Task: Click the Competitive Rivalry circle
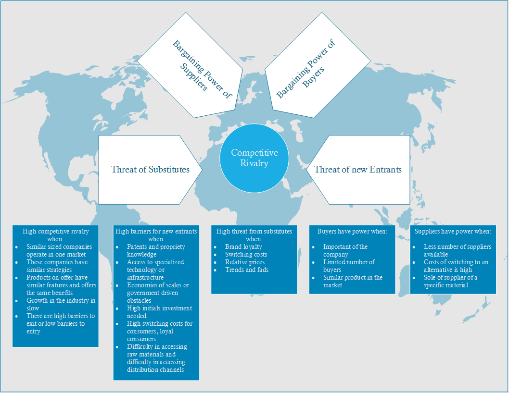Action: tap(254, 158)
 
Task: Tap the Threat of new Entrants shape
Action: tap(358, 169)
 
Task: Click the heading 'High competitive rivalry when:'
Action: tap(55, 235)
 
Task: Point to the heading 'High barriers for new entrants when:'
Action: tap(156, 235)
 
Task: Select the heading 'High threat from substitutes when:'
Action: tap(254, 235)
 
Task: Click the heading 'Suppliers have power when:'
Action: tap(453, 231)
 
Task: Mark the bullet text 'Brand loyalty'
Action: tap(243, 246)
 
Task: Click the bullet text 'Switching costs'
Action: tap(246, 254)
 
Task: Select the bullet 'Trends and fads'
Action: tap(247, 270)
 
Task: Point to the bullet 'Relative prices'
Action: tap(245, 262)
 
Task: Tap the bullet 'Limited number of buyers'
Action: tap(349, 266)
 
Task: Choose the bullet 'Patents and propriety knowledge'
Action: tap(156, 250)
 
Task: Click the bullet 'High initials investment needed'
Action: tap(159, 312)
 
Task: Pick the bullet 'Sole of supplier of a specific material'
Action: tap(450, 281)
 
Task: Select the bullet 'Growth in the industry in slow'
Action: tap(61, 304)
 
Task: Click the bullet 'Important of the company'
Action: tap(345, 250)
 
